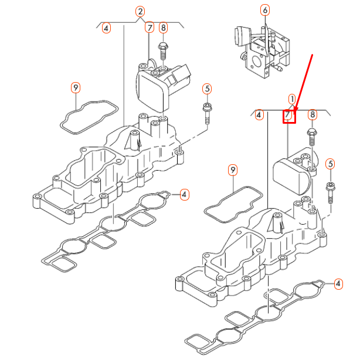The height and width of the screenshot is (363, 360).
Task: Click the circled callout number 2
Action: pyautogui.click(x=140, y=11)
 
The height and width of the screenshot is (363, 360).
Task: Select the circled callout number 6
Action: pyautogui.click(x=265, y=10)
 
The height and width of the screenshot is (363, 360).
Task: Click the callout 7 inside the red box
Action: pyautogui.click(x=289, y=116)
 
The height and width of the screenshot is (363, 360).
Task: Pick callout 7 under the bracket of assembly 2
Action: pyautogui.click(x=150, y=28)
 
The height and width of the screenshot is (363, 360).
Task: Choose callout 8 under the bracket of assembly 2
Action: pyautogui.click(x=163, y=28)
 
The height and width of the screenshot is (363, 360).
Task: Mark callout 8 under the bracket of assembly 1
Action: pyautogui.click(x=312, y=114)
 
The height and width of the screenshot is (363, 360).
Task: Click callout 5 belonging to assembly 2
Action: pyautogui.click(x=206, y=89)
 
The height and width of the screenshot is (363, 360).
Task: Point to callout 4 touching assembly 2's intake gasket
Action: pyautogui.click(x=184, y=194)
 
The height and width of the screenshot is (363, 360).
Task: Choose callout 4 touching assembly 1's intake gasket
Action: pyautogui.click(x=338, y=284)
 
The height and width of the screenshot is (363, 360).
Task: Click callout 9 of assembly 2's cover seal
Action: pyautogui.click(x=75, y=88)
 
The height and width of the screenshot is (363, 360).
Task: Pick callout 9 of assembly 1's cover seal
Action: pyautogui.click(x=233, y=170)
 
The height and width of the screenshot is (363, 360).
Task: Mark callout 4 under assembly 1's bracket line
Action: pyautogui.click(x=259, y=116)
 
